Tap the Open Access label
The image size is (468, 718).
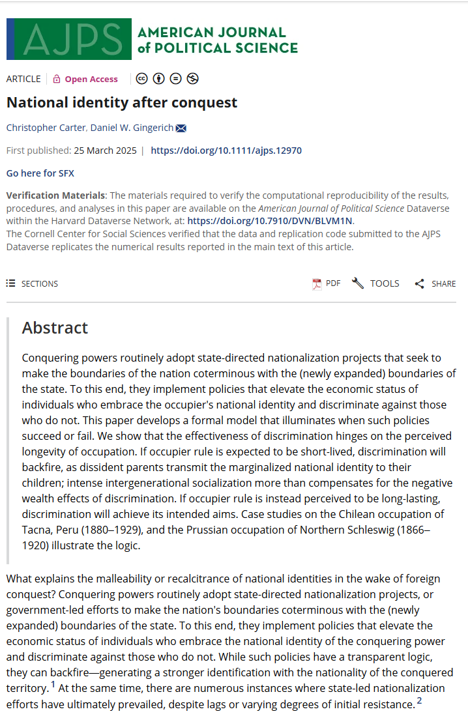point(91,79)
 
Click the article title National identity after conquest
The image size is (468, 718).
point(122,102)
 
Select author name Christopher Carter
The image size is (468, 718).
point(46,127)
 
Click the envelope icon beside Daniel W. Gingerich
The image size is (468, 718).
point(181,128)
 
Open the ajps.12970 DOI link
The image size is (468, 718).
point(226,151)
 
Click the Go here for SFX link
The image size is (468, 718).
point(40,173)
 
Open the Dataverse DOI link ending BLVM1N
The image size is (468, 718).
point(270,221)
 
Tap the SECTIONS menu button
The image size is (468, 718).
point(32,283)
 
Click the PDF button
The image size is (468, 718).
point(327,283)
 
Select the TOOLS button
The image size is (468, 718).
point(375,283)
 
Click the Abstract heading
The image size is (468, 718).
point(55,327)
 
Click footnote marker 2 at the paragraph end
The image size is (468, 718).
point(420,700)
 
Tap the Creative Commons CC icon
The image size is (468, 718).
point(142,79)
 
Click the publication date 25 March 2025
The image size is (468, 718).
point(105,151)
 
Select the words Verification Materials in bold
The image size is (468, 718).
point(55,195)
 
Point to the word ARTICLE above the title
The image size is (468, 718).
point(23,79)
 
